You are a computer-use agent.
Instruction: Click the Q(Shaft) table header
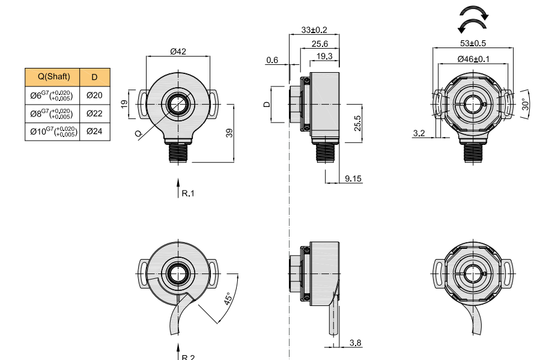click(x=52, y=77)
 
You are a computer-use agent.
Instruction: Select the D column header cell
click(x=95, y=77)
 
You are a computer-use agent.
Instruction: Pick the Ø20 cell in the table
click(x=95, y=95)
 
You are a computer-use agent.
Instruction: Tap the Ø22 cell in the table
click(x=95, y=113)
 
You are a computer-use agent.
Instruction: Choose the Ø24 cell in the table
click(x=95, y=131)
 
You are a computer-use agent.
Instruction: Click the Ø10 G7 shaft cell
click(x=52, y=131)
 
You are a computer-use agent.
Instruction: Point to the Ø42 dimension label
click(x=178, y=52)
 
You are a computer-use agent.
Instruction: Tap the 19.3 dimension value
click(x=324, y=56)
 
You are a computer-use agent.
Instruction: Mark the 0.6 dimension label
click(x=272, y=60)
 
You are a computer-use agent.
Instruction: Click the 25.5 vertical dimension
click(x=357, y=123)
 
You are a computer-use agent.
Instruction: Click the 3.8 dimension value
click(x=356, y=343)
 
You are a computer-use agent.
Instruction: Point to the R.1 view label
click(x=188, y=194)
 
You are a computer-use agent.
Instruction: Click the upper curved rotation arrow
click(x=472, y=13)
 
